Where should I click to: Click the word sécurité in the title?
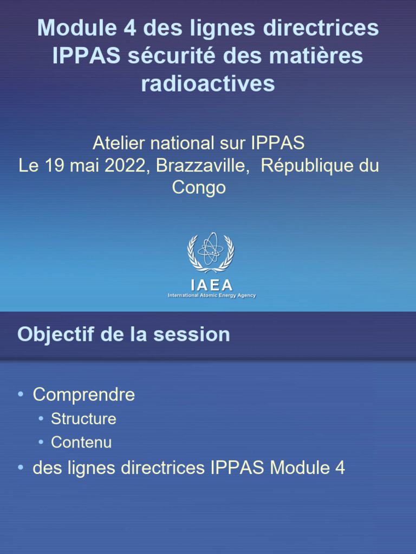[x=165, y=56]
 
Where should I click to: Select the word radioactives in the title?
[x=208, y=84]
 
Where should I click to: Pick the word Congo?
[x=199, y=188]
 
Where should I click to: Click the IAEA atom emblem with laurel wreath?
[x=211, y=252]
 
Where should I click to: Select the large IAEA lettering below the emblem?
[x=212, y=285]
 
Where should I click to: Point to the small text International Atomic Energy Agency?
[x=212, y=295]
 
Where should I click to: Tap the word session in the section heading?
[x=191, y=334]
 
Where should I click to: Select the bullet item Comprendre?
[x=84, y=394]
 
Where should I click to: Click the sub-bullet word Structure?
[x=83, y=419]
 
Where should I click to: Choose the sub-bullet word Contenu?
[x=81, y=443]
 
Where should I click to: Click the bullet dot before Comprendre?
[x=21, y=394]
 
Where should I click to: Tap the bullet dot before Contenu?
[x=41, y=443]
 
